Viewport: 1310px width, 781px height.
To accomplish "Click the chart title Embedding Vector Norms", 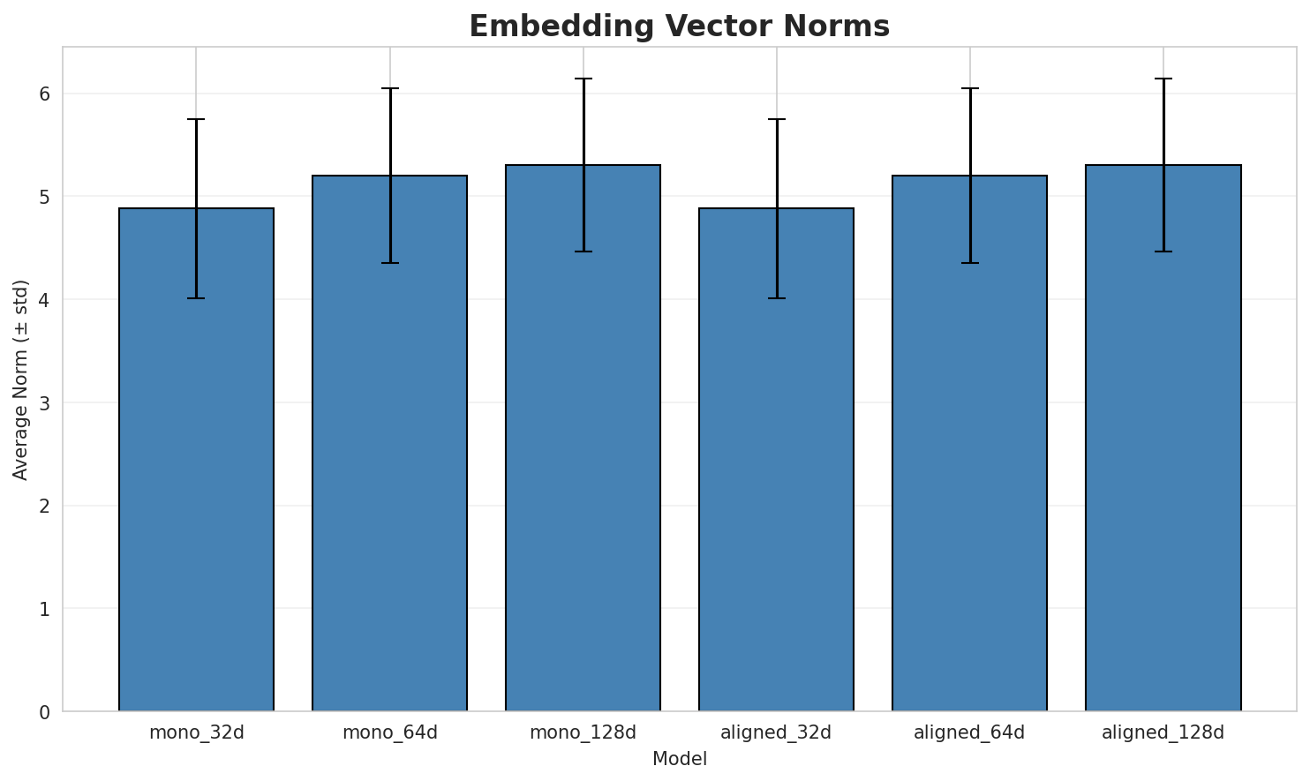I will click(x=679, y=26).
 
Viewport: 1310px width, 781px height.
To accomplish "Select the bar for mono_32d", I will click(x=196, y=459).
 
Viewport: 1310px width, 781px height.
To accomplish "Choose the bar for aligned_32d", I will click(x=776, y=459).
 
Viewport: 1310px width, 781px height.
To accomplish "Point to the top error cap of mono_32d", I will click(x=196, y=119).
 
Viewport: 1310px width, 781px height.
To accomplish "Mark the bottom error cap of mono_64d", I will click(x=389, y=263).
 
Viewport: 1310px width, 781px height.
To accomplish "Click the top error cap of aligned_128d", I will click(x=1163, y=79).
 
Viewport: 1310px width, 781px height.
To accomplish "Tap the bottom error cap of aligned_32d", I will click(x=776, y=298).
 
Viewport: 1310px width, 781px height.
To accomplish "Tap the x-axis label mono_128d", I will click(x=583, y=732).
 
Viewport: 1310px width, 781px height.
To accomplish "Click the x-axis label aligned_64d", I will click(x=969, y=732).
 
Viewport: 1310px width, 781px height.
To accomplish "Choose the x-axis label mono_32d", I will click(x=196, y=732).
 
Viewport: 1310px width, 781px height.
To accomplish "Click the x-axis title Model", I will click(x=679, y=759).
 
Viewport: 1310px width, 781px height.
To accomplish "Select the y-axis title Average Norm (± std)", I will click(x=21, y=379).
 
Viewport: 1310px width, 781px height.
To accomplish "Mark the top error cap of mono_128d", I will click(x=583, y=79).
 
